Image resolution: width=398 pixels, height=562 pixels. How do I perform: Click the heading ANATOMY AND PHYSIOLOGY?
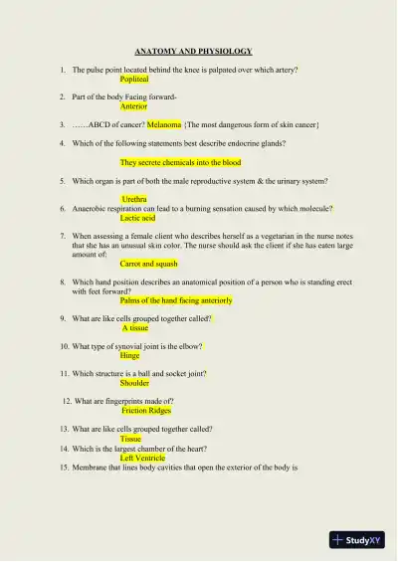click(193, 51)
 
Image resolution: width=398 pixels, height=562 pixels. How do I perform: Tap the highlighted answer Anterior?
click(133, 105)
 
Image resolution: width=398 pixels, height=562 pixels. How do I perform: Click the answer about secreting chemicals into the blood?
click(180, 162)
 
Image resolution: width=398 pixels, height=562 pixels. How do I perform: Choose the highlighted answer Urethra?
click(133, 199)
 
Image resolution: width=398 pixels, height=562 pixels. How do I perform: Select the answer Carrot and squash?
click(149, 264)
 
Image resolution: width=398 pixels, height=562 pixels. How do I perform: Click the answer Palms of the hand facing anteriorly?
click(176, 299)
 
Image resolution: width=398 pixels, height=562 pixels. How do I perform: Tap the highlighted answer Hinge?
click(129, 354)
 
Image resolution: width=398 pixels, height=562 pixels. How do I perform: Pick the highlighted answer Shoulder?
click(134, 382)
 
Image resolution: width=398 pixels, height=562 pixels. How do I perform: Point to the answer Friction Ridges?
click(146, 410)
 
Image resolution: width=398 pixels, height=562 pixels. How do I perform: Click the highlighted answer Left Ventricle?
click(142, 458)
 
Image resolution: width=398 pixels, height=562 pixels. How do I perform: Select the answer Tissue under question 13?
click(130, 438)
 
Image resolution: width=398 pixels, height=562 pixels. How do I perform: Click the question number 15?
click(63, 468)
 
